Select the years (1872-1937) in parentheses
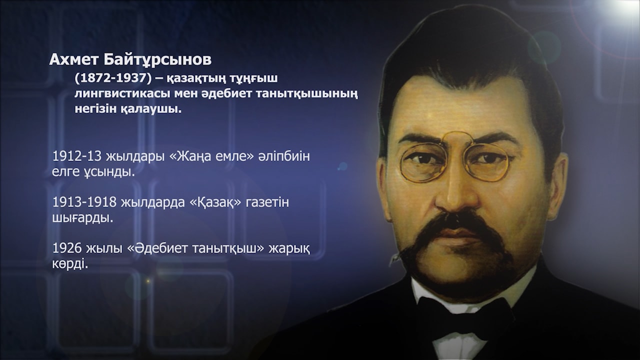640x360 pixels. tap(113, 78)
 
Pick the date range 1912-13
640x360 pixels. tap(77, 156)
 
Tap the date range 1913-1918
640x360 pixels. tap(84, 202)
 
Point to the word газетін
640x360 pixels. tap(267, 202)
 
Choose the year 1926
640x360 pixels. tap(67, 248)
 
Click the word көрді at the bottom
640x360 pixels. tap(68, 263)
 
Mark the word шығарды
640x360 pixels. tap(82, 218)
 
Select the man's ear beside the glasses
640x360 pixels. tap(557, 185)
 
